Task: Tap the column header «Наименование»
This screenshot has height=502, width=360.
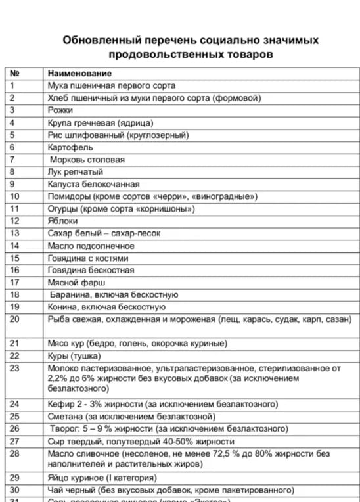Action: click(79, 73)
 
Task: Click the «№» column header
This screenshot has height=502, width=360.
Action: click(14, 73)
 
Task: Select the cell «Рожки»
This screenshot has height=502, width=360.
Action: click(60, 110)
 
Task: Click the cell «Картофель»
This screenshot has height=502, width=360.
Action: click(70, 147)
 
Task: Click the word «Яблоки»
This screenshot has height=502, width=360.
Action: click(62, 221)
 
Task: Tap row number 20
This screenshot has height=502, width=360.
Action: click(15, 319)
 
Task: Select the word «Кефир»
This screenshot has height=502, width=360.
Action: click(61, 404)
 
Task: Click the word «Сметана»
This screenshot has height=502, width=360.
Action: click(66, 417)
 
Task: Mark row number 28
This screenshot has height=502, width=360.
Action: click(15, 453)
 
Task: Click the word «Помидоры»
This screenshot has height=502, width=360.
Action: click(69, 196)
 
